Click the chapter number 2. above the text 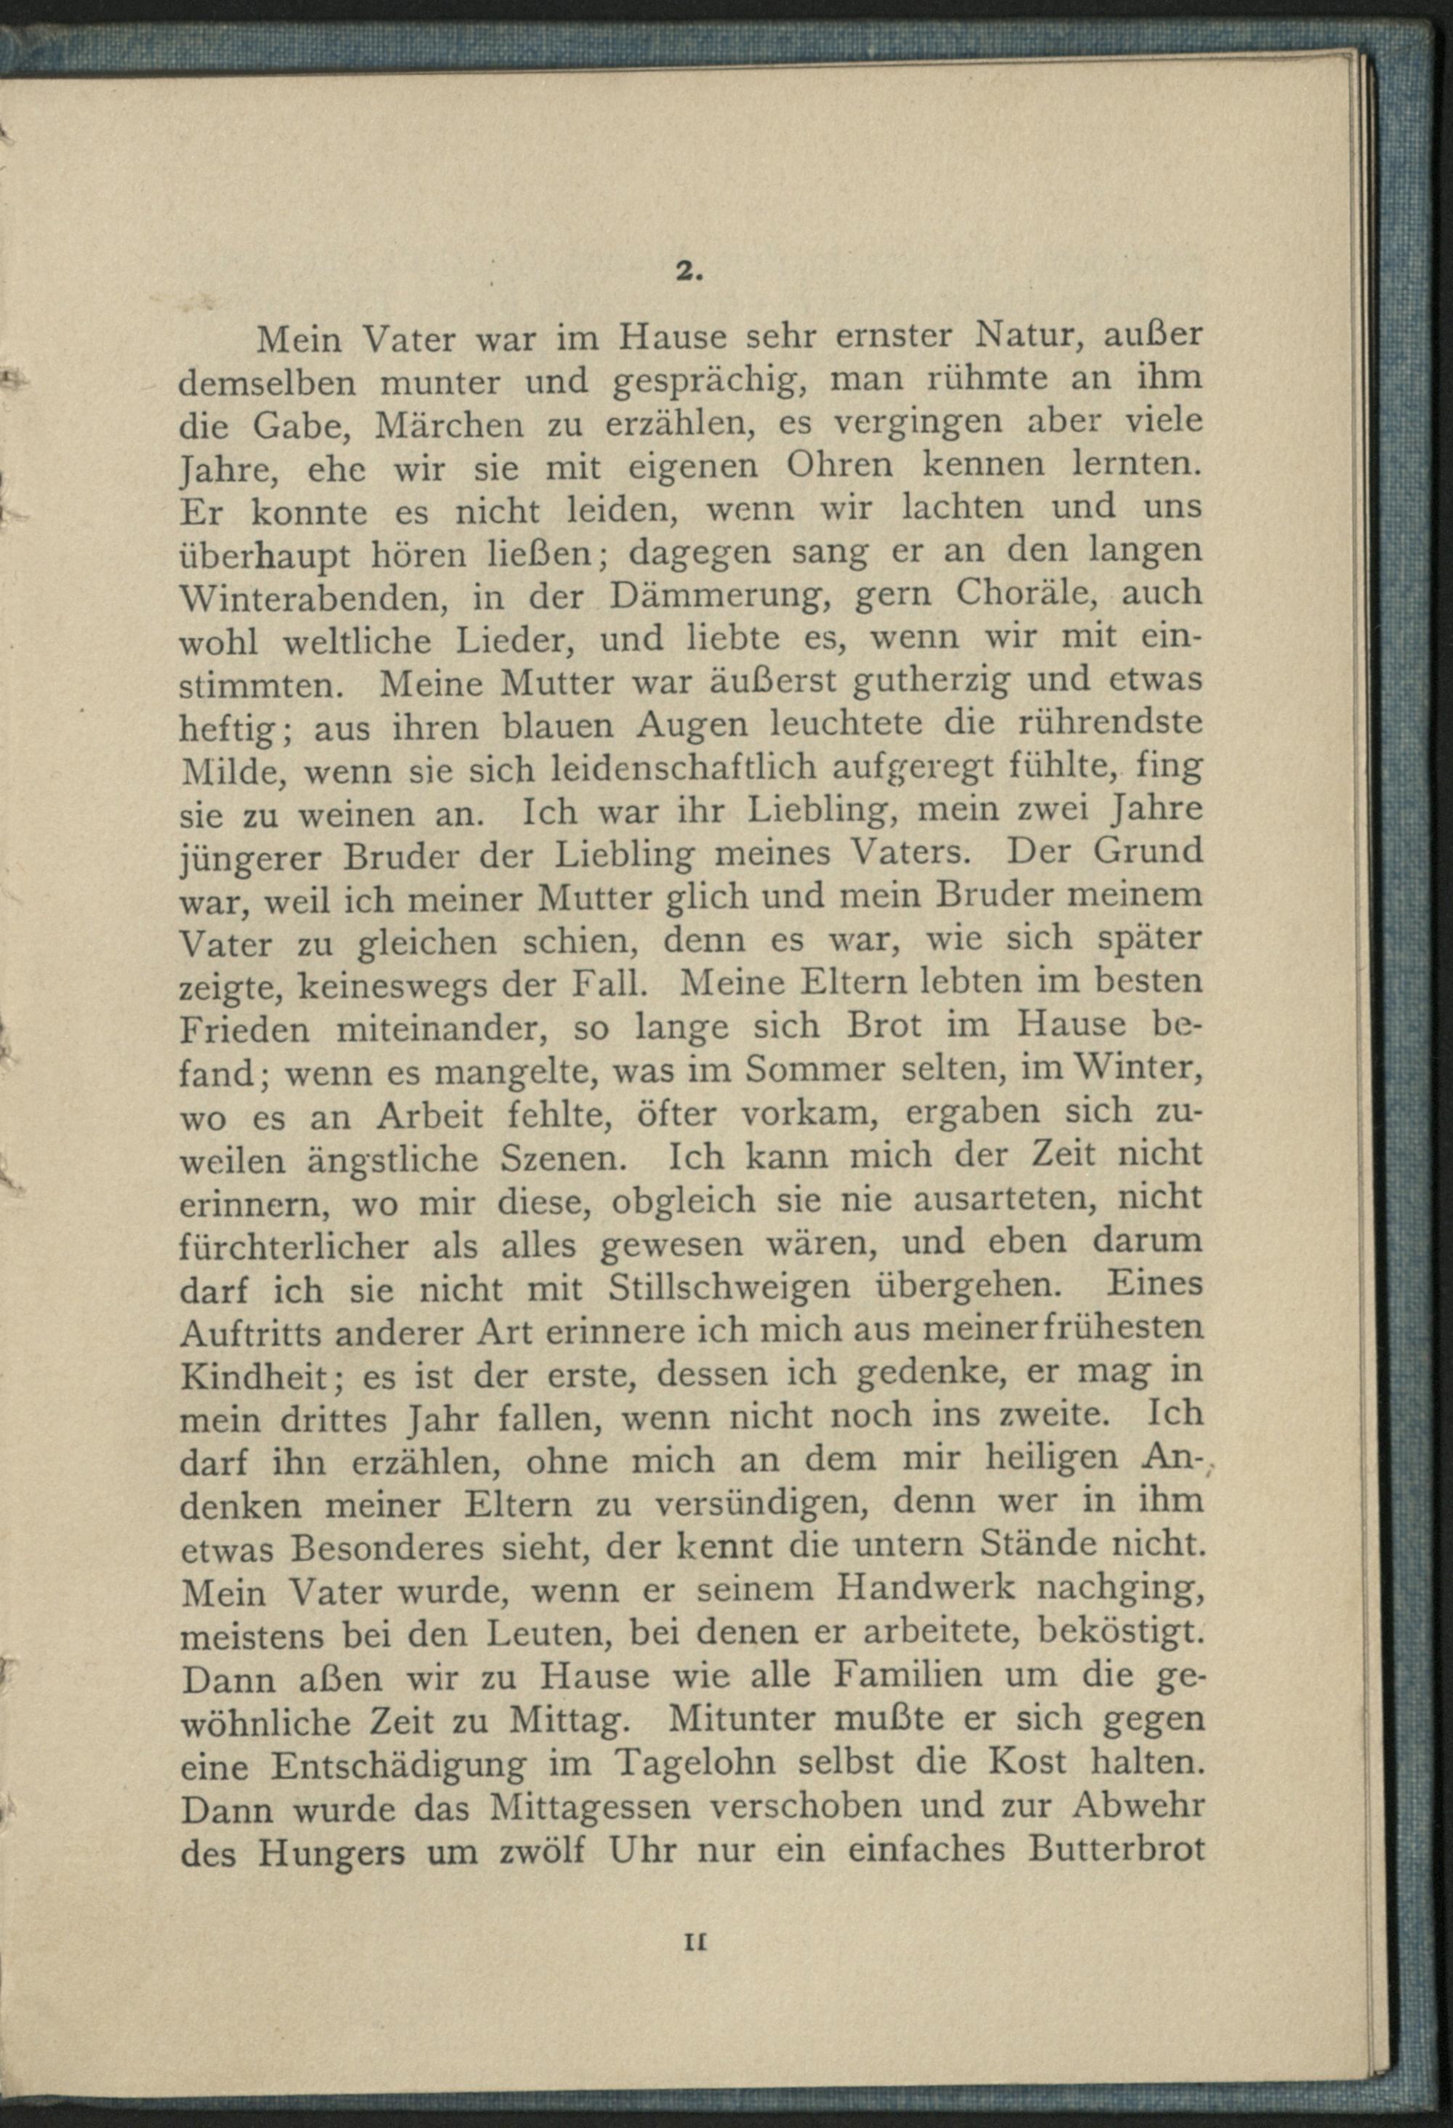point(689,272)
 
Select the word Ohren point(840,464)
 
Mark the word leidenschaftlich point(673,768)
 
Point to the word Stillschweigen point(729,1289)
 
